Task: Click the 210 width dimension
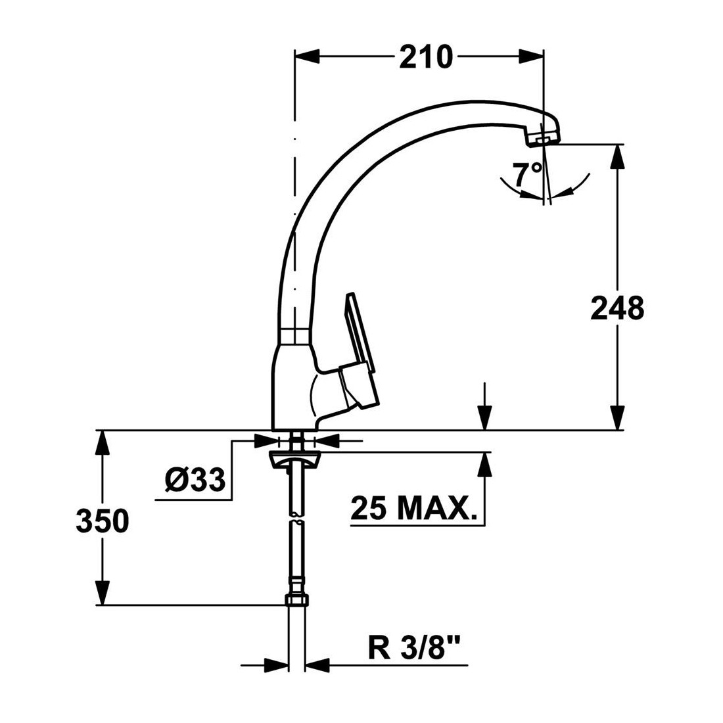click(x=426, y=57)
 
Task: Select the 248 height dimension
click(x=617, y=308)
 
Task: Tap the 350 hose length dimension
click(x=103, y=521)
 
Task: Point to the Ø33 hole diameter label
click(x=195, y=480)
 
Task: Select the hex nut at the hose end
click(x=297, y=600)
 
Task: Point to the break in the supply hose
click(x=296, y=518)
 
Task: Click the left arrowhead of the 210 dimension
click(x=307, y=57)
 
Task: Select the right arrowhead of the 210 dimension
click(x=531, y=57)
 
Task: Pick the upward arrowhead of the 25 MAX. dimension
click(x=484, y=464)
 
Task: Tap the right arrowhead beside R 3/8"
click(x=317, y=665)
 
